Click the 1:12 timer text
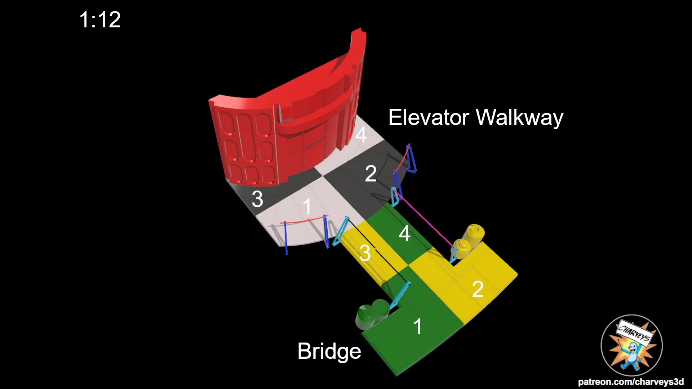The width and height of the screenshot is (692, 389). click(x=100, y=19)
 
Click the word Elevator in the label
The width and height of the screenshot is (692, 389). click(x=429, y=117)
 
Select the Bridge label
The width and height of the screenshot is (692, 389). click(x=329, y=351)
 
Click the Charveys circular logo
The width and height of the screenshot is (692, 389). click(x=631, y=345)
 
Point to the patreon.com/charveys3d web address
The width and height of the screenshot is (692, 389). click(x=631, y=382)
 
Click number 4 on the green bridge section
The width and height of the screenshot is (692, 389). click(x=404, y=233)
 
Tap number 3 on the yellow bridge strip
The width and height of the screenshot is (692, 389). click(x=365, y=253)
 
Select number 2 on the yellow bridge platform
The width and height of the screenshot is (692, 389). click(x=478, y=289)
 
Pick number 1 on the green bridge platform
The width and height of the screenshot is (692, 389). click(x=417, y=326)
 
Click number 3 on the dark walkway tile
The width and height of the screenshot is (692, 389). click(x=257, y=199)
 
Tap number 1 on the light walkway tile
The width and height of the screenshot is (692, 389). click(x=307, y=207)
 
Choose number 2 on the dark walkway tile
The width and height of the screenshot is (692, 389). click(x=371, y=174)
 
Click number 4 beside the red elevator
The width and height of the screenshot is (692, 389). click(x=361, y=135)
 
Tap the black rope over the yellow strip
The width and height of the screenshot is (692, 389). click(x=377, y=249)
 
